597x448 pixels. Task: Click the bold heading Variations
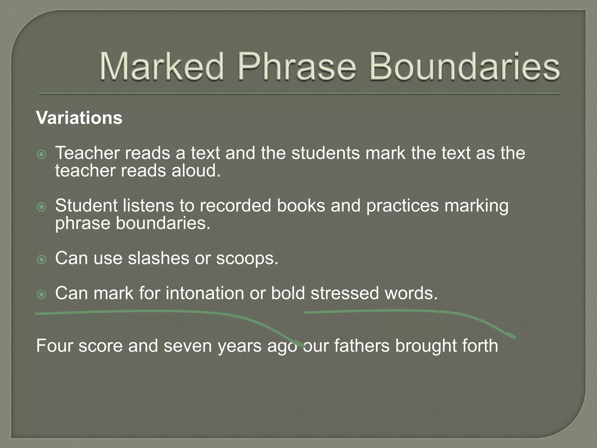click(79, 118)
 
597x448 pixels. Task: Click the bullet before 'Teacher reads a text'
click(42, 154)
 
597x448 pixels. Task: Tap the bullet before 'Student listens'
click(42, 207)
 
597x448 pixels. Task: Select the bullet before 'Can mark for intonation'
click(42, 295)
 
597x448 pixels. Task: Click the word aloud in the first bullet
click(196, 171)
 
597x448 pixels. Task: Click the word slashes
click(158, 258)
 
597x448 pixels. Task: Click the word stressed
click(345, 293)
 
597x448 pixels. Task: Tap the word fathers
click(361, 346)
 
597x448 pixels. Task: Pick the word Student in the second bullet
click(86, 206)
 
